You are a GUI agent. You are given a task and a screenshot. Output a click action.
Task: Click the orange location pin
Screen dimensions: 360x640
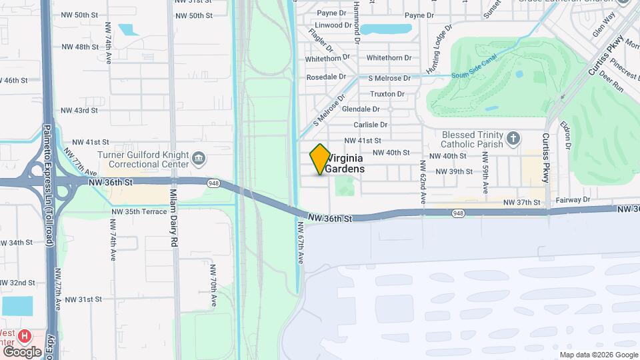point(320,159)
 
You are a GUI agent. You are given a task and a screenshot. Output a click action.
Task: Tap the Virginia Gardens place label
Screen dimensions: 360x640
point(345,164)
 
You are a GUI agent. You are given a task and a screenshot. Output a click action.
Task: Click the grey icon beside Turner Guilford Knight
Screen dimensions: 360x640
point(199,159)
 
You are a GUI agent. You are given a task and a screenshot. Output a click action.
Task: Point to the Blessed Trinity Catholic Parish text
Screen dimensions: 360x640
point(471,139)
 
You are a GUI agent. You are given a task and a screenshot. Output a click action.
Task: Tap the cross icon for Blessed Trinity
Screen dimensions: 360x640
point(513,139)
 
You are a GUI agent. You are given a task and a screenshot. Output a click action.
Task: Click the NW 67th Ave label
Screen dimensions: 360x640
point(301,242)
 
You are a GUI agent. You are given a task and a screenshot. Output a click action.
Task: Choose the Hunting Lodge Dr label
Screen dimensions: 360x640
point(437,51)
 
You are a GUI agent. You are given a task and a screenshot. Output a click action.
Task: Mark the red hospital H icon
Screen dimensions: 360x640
point(25,335)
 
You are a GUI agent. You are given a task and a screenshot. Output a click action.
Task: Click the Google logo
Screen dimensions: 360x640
point(22,351)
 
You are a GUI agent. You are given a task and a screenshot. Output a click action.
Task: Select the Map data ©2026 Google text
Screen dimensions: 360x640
point(598,355)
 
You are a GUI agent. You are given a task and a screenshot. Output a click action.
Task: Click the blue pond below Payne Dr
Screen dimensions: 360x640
point(385,29)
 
